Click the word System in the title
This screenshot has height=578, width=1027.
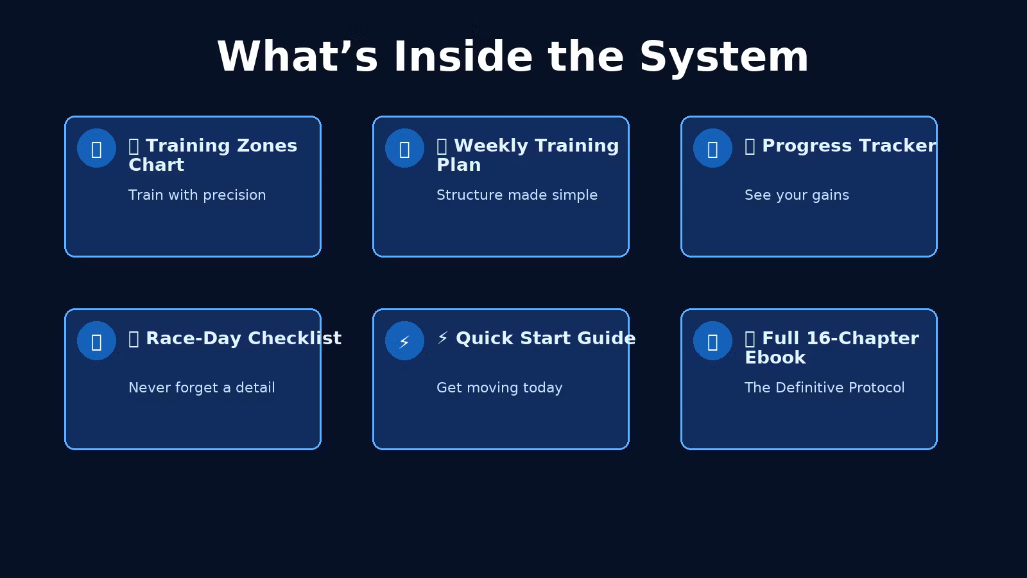click(x=724, y=58)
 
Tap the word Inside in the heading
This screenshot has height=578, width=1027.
click(x=463, y=57)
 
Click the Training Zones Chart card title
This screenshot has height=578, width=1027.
click(x=212, y=155)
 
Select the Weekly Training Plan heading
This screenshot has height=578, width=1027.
click(x=528, y=155)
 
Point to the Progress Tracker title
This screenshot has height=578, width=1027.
click(x=840, y=146)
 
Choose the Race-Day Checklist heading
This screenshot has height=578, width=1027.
click(x=235, y=338)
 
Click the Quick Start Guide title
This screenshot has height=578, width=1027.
click(x=536, y=338)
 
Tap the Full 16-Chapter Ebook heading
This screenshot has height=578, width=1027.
click(x=832, y=347)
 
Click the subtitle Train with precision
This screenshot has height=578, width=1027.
click(x=197, y=195)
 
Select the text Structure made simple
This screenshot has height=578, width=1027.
click(x=517, y=195)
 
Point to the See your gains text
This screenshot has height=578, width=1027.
click(x=797, y=195)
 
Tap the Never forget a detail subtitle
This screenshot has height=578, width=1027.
click(x=202, y=388)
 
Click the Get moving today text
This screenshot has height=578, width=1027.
click(x=499, y=388)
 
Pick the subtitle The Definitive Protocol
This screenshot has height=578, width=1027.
click(x=824, y=388)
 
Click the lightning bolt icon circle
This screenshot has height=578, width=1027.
click(x=404, y=341)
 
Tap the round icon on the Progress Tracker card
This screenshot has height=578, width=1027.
click(x=712, y=148)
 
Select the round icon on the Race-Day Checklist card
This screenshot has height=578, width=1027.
click(x=96, y=341)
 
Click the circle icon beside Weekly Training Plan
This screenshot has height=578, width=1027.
click(x=404, y=148)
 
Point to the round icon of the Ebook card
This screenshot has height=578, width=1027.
click(x=712, y=341)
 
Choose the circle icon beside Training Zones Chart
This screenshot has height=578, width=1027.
click(x=96, y=148)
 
